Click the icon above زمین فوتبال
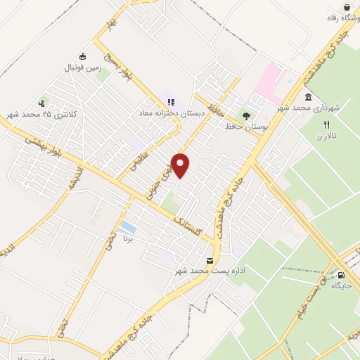pyautogui.click(x=83, y=57)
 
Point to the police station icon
pyautogui.click(x=46, y=103)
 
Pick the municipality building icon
pyautogui.click(x=308, y=97)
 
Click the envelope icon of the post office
pyautogui.click(x=209, y=261)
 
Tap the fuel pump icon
pyautogui.click(x=342, y=275)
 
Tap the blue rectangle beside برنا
pyautogui.click(x=128, y=228)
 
